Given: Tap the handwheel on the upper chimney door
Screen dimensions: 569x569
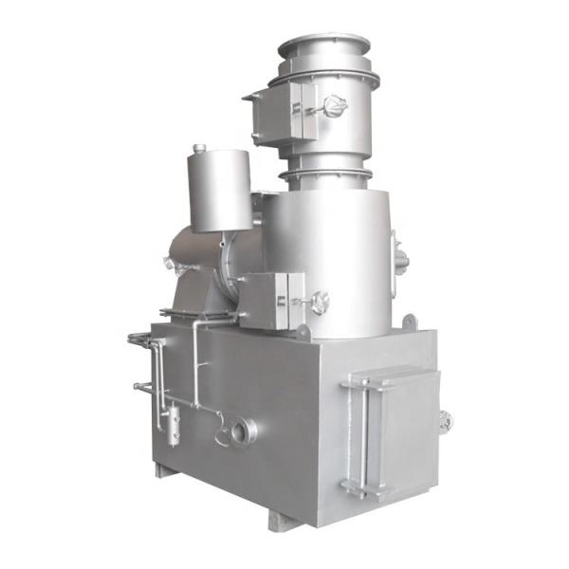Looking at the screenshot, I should (x=331, y=107).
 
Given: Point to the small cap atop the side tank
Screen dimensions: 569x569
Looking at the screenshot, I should (x=199, y=148).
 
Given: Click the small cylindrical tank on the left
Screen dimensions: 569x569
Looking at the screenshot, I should (x=220, y=190).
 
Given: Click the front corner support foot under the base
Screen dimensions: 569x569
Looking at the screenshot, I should (x=284, y=519).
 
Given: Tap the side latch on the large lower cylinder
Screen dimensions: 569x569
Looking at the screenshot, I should (x=399, y=253).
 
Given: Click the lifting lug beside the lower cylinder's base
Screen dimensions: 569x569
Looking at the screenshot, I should (x=302, y=331).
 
